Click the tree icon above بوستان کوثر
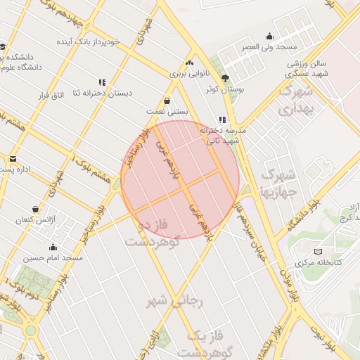tap(225, 78)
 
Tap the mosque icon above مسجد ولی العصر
tap(269, 37)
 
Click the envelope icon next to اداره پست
tap(12, 159)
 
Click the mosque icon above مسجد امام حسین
tap(53, 247)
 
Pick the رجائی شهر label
tap(174, 302)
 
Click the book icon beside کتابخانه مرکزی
tap(318, 252)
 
